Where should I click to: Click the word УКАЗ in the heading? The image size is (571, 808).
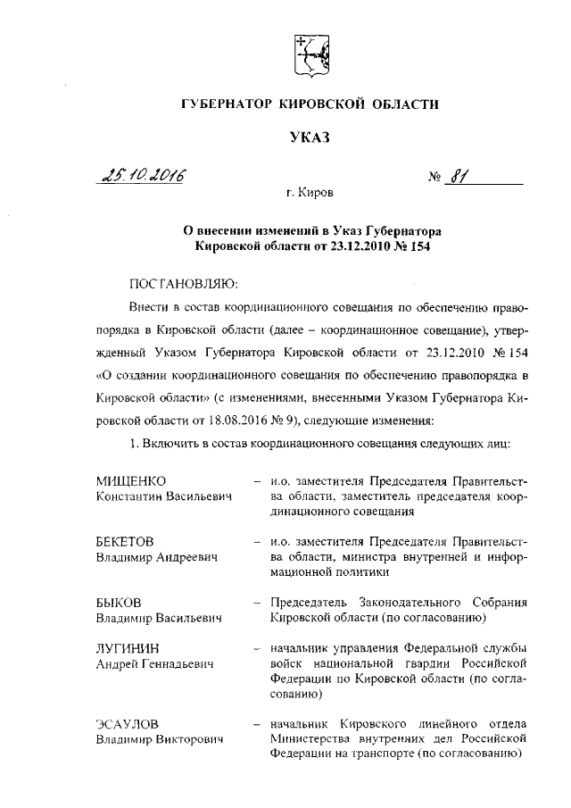click(310, 137)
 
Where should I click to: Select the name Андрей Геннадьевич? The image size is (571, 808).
click(153, 662)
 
